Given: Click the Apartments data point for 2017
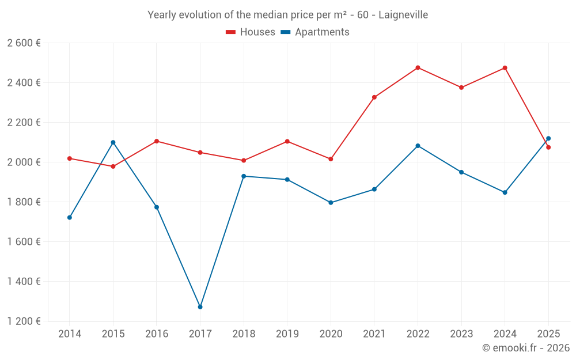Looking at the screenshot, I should (200, 307).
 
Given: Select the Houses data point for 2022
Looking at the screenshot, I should (418, 68).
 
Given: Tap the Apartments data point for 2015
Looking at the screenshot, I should (113, 142).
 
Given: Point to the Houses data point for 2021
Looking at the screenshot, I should (374, 97).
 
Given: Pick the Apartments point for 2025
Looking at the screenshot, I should (548, 138).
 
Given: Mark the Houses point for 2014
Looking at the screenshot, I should (70, 158).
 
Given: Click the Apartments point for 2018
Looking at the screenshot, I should (244, 176).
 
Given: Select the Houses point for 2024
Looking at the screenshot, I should (505, 68).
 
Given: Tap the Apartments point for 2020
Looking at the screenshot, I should (331, 203).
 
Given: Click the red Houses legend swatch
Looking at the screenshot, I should (230, 32).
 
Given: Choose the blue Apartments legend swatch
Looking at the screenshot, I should (285, 32).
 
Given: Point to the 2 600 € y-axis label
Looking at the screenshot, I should (24, 43).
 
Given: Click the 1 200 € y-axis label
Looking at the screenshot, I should (24, 321).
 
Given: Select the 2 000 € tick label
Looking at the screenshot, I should (24, 162).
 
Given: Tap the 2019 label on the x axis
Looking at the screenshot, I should (287, 334).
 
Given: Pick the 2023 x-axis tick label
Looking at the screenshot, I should (461, 334).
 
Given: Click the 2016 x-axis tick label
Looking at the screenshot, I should (157, 334).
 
